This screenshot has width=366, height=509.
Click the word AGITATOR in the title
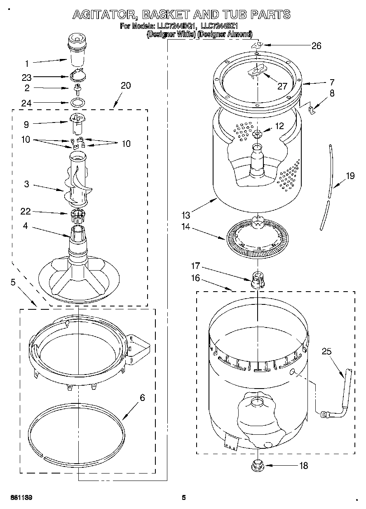click(x=103, y=15)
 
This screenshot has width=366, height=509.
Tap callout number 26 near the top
click(x=316, y=46)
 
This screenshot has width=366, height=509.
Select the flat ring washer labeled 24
click(x=77, y=103)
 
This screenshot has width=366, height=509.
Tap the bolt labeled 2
click(x=77, y=88)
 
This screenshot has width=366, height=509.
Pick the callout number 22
click(x=26, y=212)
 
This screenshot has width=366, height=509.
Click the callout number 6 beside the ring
click(x=142, y=398)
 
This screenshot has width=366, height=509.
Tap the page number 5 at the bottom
click(x=184, y=497)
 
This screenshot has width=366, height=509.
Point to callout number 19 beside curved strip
click(x=350, y=176)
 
